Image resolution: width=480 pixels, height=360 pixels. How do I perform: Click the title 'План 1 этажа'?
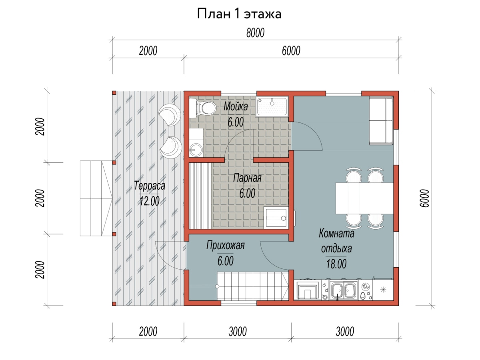click(x=239, y=14)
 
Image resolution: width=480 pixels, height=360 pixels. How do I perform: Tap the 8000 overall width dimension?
click(x=255, y=33)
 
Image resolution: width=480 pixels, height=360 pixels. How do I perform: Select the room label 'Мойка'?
click(x=236, y=107)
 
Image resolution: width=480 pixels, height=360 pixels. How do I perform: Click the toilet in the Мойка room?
click(x=202, y=108)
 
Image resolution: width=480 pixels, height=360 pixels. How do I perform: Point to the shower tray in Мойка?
click(x=272, y=107)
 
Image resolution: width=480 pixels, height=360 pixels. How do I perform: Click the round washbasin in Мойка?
click(x=196, y=150)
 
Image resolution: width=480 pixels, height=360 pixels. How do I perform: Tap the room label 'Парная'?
click(x=247, y=178)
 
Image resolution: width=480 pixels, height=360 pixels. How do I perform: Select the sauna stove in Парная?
click(x=276, y=218)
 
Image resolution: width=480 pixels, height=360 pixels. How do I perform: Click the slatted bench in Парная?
click(x=200, y=196)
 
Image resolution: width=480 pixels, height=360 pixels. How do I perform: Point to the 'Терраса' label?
click(x=150, y=186)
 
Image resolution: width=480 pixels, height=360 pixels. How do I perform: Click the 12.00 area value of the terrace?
click(x=150, y=201)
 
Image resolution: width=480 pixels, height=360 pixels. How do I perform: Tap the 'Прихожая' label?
click(x=226, y=245)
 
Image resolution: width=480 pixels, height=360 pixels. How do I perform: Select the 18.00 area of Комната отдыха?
click(x=336, y=264)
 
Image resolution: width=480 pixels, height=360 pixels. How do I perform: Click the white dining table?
click(x=364, y=198)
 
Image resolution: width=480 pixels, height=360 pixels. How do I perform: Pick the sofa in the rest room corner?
click(x=381, y=121)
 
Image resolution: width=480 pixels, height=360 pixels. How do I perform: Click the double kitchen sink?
click(x=343, y=291)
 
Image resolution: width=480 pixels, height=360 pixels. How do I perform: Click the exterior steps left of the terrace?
click(x=96, y=198)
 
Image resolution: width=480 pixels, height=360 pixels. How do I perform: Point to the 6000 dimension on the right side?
click(x=424, y=198)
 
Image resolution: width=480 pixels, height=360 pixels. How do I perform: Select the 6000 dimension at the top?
click(x=291, y=51)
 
